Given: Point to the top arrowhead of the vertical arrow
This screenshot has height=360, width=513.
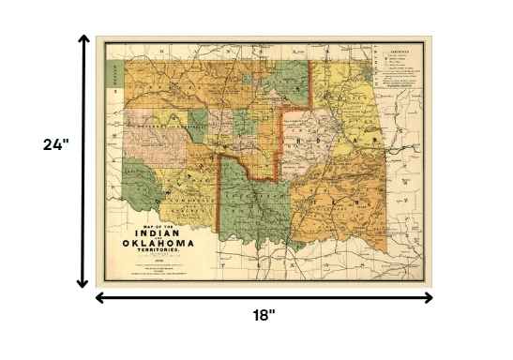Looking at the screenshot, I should [x=83, y=41].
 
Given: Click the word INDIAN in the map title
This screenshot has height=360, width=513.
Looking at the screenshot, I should [x=159, y=234].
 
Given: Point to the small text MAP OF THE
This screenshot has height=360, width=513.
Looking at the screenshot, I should [x=158, y=226].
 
